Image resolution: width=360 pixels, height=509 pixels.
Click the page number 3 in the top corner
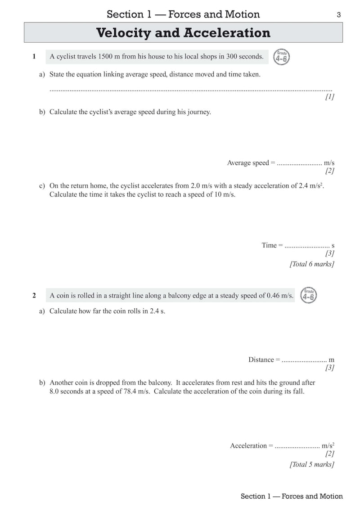[338, 15]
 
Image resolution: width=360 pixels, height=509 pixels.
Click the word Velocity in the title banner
[126, 33]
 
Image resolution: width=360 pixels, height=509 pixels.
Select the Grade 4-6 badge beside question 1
[282, 57]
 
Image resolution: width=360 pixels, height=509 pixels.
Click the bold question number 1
[34, 57]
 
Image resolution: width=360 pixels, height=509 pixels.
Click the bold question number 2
[34, 296]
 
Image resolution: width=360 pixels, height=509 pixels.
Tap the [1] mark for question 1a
[329, 97]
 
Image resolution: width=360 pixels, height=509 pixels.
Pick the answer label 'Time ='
[272, 245]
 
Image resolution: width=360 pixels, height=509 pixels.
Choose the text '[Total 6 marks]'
[311, 264]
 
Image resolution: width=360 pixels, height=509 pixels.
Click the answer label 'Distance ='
[264, 360]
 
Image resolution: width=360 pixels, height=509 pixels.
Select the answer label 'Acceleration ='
[252, 446]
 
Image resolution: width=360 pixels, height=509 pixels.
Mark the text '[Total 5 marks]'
[311, 464]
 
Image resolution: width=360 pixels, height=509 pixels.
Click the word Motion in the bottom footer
[331, 496]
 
